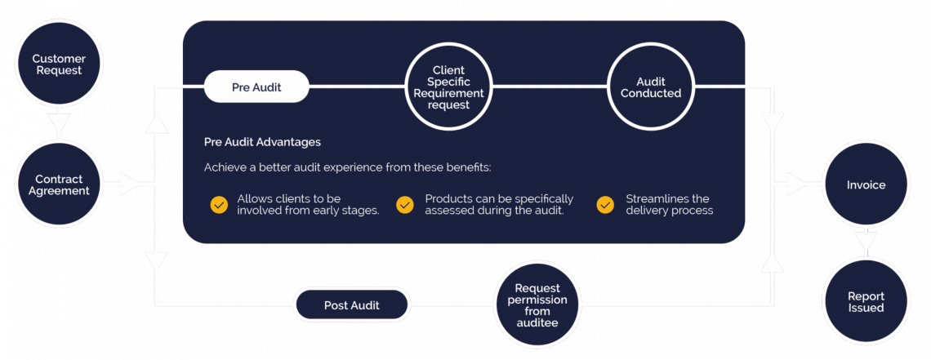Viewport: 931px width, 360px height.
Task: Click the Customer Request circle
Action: click(58, 64)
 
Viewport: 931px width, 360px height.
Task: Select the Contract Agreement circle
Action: click(58, 184)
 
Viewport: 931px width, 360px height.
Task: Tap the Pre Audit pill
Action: click(256, 87)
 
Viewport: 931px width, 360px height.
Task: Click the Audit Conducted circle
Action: click(650, 87)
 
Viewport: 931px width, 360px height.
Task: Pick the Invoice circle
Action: click(866, 184)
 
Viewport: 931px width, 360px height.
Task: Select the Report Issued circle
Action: click(866, 302)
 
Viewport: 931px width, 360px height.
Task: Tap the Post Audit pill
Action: click(351, 304)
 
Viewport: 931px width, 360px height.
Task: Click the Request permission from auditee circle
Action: click(538, 304)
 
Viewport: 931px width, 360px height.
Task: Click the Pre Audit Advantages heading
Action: click(262, 142)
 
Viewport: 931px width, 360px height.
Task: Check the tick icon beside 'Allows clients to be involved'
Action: click(219, 204)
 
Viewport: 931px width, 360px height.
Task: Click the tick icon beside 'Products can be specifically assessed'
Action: click(405, 204)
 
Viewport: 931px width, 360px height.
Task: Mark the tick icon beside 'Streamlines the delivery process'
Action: click(605, 204)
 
